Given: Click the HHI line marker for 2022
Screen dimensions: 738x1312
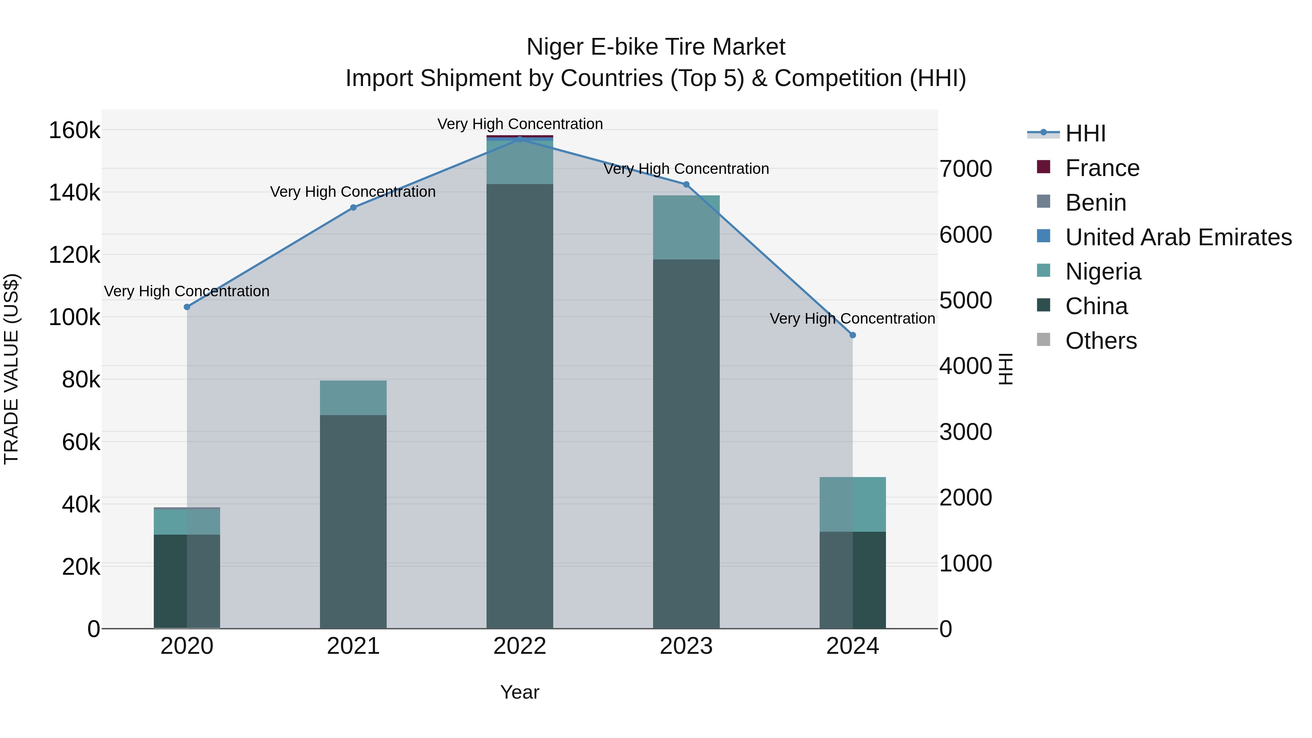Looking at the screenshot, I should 519,139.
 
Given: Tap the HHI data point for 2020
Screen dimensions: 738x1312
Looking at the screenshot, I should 187,307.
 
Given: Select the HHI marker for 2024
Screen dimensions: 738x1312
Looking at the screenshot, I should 852,335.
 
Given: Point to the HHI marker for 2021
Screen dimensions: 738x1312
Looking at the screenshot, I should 354,207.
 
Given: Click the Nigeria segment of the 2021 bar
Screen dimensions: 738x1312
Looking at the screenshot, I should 354,398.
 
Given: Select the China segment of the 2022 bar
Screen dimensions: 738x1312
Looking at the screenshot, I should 519,407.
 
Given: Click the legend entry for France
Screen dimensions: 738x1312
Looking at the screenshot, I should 1102,168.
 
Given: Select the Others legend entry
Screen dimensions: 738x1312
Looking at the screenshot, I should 1101,341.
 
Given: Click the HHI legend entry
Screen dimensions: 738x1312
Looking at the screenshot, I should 1085,133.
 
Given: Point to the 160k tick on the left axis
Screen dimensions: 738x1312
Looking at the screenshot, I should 74,130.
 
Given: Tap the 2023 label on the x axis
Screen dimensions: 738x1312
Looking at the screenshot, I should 686,646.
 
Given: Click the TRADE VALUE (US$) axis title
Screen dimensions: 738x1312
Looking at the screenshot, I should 12,369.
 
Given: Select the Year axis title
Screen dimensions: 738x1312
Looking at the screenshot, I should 519,692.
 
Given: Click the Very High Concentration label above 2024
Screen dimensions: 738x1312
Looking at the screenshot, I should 852,319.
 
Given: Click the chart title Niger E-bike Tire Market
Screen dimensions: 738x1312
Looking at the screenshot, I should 656,47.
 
